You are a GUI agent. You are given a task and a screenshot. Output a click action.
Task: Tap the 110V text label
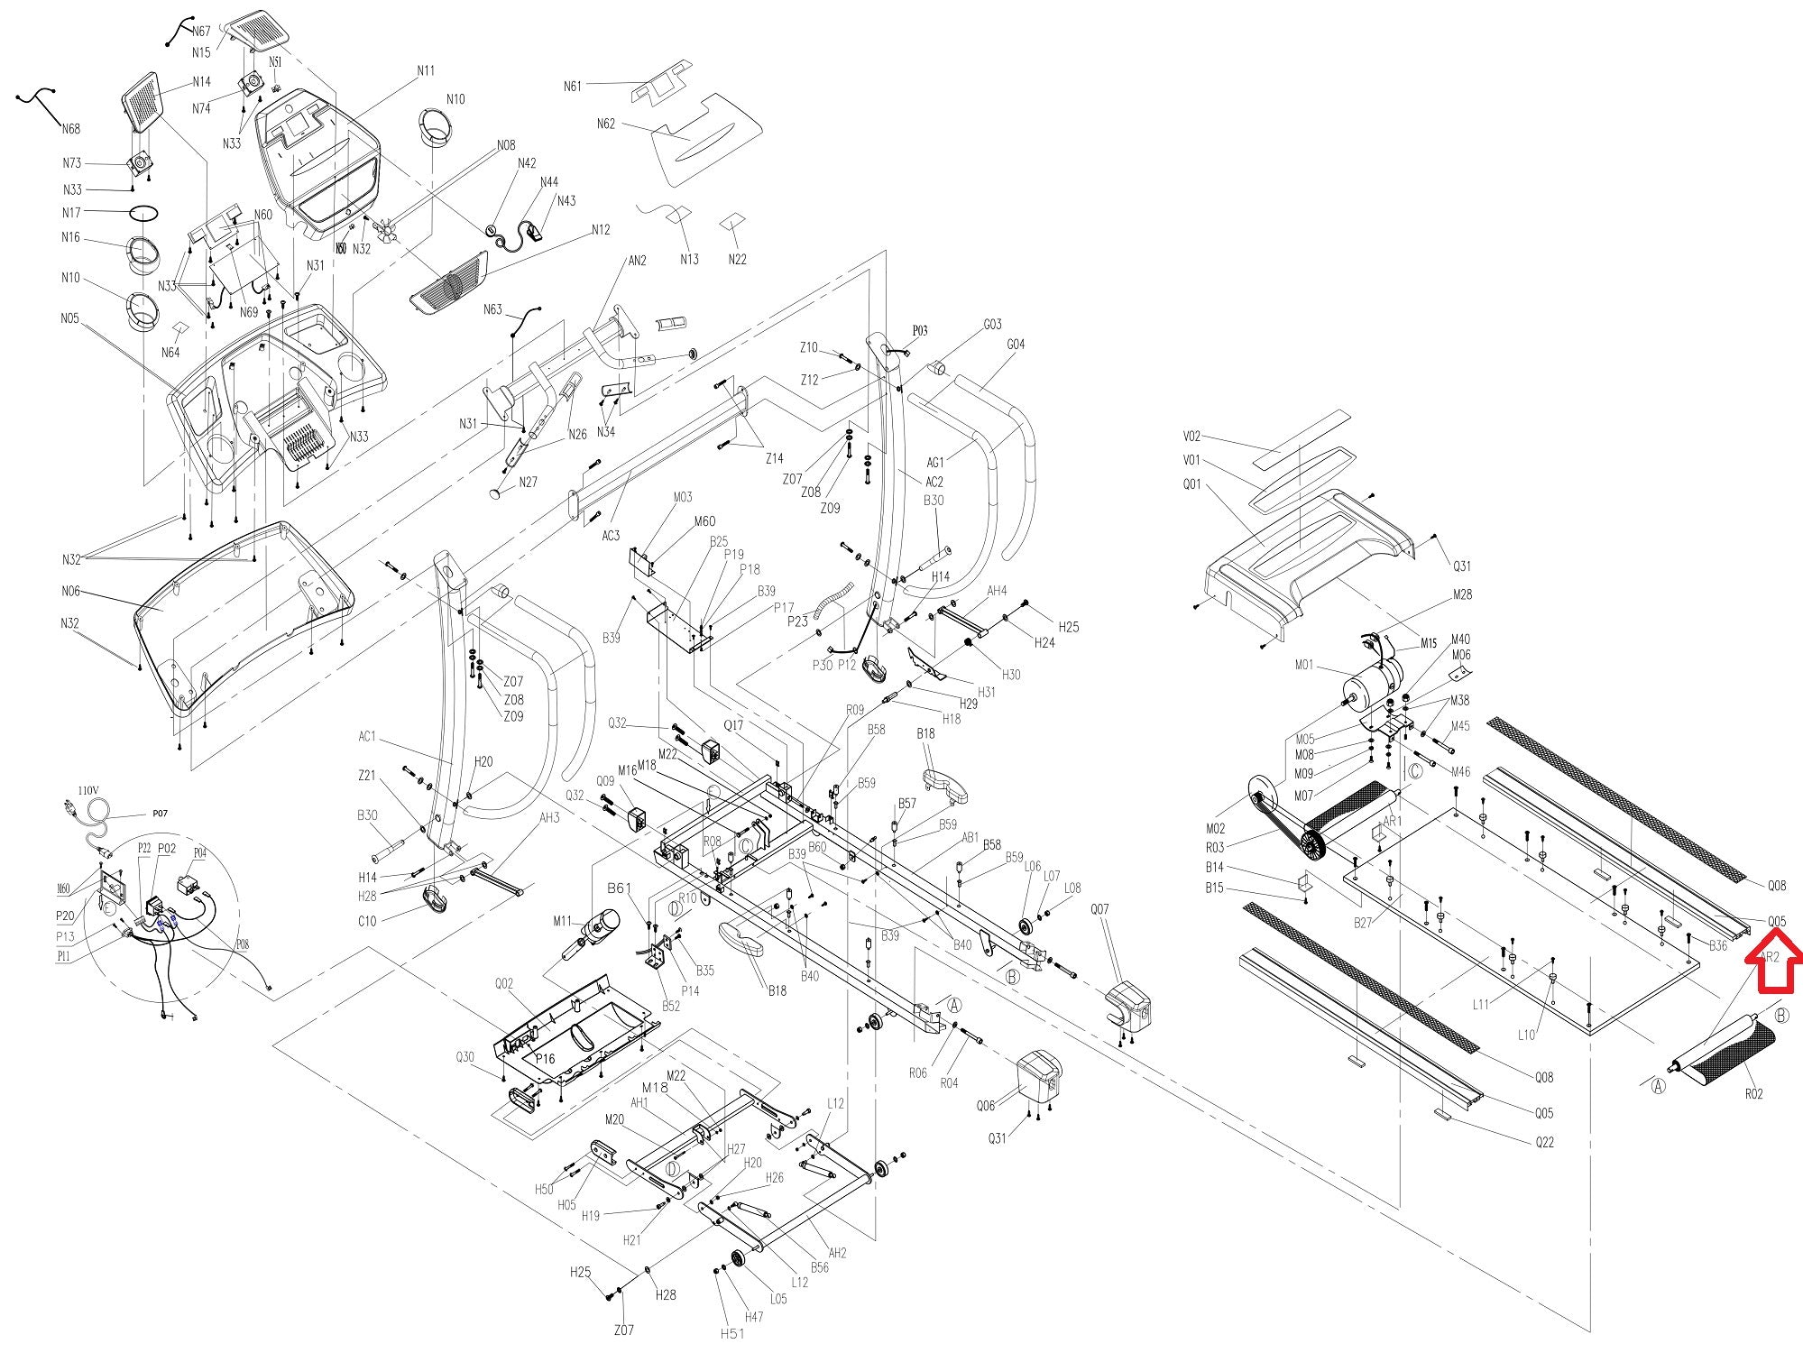[x=88, y=790]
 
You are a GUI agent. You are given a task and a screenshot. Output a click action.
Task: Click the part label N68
[x=71, y=129]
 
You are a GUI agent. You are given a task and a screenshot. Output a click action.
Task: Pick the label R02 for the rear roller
[x=1753, y=1094]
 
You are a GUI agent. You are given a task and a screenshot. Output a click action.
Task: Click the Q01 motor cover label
[x=1192, y=484]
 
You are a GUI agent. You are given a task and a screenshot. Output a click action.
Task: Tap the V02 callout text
[x=1192, y=437]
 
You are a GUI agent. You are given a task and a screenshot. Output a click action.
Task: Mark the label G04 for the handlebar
[x=1016, y=345]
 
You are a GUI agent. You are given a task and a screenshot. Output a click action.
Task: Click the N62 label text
[x=606, y=124]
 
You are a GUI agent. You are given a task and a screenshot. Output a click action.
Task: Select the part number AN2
[x=637, y=262]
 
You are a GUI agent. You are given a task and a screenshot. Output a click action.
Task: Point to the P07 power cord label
[x=160, y=814]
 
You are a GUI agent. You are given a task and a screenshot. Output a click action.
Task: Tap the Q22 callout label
[x=1545, y=1142]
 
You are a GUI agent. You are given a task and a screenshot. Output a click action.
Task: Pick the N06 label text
[x=70, y=592]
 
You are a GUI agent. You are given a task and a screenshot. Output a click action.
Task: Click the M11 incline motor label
[x=563, y=921]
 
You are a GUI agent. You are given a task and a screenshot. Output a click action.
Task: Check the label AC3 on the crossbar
[x=612, y=536]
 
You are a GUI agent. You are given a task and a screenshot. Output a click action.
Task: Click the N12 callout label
[x=601, y=230]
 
